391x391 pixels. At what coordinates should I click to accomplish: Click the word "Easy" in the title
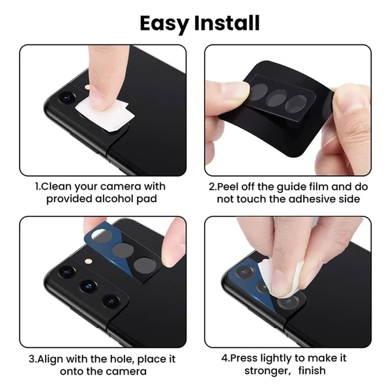[164, 23]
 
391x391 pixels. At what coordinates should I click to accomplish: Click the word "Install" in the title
[227, 23]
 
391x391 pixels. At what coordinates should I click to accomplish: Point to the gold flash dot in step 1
[88, 87]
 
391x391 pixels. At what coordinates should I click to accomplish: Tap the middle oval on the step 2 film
[276, 98]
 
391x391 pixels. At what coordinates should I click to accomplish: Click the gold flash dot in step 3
[89, 261]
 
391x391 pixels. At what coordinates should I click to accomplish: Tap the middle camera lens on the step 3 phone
[89, 286]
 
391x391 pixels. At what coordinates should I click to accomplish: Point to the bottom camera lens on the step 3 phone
[111, 301]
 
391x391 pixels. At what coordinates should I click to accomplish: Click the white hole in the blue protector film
[98, 233]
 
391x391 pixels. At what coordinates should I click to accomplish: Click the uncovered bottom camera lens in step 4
[289, 302]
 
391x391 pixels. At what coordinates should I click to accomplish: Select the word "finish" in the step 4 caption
[311, 371]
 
